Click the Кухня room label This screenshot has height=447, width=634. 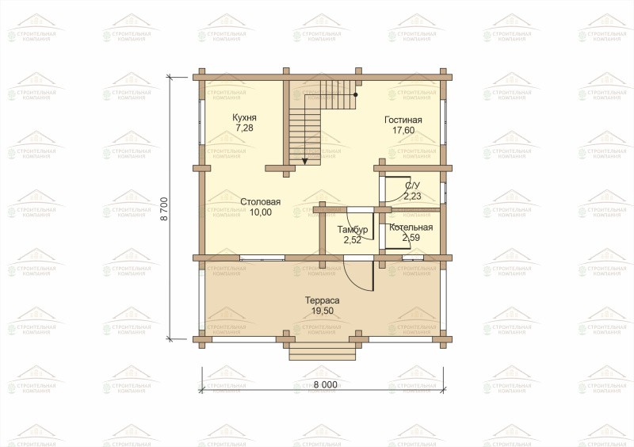coord(244,118)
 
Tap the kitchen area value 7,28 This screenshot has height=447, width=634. coord(244,128)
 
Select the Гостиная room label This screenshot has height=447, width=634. coord(403,120)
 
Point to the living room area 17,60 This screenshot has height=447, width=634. coord(403,130)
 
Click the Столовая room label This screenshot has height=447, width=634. coord(261,202)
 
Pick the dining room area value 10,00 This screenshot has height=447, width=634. coord(261,212)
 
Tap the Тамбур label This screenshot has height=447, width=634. coord(353,230)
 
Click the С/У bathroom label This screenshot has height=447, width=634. coord(412,185)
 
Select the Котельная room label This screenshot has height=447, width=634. coord(411,227)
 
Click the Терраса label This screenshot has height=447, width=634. coord(323,300)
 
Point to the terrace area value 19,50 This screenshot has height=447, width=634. coord(323,311)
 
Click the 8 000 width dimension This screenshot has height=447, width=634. coord(325,384)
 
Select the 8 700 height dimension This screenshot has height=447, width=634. coord(164,208)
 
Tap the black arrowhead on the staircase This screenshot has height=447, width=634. coord(305,161)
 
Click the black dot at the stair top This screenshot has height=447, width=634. coord(355,94)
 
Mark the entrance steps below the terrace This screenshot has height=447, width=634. coord(323,351)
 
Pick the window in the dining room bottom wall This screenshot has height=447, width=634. coord(262,258)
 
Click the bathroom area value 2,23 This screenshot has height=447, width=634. coord(412,197)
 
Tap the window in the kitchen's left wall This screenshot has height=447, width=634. coord(201,121)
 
